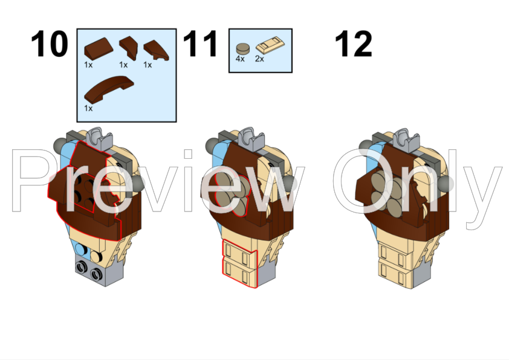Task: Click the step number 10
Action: (50, 43)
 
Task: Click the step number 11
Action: (200, 43)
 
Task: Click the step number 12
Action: (353, 43)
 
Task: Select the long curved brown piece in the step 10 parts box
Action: (109, 89)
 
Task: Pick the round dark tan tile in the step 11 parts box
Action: (243, 49)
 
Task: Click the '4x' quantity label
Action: (240, 59)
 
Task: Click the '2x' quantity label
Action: (259, 59)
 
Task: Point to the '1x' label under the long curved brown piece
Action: (88, 108)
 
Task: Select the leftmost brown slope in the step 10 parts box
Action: (99, 49)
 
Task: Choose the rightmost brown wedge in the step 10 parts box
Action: (156, 50)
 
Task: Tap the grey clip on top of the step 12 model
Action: (406, 140)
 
